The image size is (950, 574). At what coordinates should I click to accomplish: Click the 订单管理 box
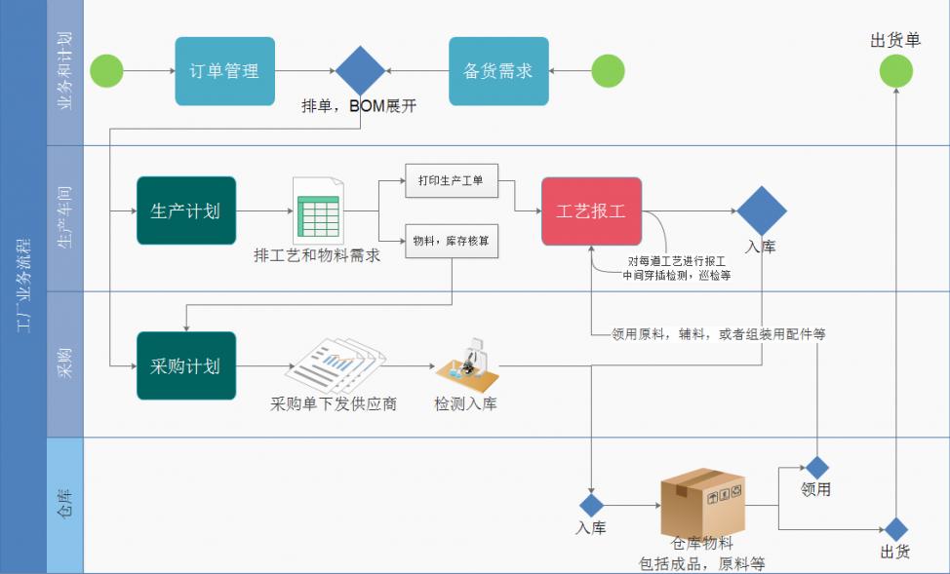224,71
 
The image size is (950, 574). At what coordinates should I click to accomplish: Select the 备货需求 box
498,71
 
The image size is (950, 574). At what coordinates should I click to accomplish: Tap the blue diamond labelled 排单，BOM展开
360,71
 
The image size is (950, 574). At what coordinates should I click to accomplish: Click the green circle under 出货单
895,71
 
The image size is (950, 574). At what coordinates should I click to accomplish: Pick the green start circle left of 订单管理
106,71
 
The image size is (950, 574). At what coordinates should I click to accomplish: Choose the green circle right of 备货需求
608,71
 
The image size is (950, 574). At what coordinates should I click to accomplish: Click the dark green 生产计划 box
185,210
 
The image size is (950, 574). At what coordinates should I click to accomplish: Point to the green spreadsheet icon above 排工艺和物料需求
318,210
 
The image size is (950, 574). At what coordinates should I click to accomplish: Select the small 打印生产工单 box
452,180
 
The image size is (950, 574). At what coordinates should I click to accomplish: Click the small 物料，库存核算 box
452,241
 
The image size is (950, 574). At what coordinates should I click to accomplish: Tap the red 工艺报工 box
591,210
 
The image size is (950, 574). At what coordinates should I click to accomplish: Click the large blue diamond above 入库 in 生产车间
761,210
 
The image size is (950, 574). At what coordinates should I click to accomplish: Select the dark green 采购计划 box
185,365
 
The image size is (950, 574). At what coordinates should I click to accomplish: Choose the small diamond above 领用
816,468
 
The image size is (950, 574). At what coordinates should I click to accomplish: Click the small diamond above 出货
895,529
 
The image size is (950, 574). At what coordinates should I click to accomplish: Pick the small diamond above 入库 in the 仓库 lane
591,505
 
